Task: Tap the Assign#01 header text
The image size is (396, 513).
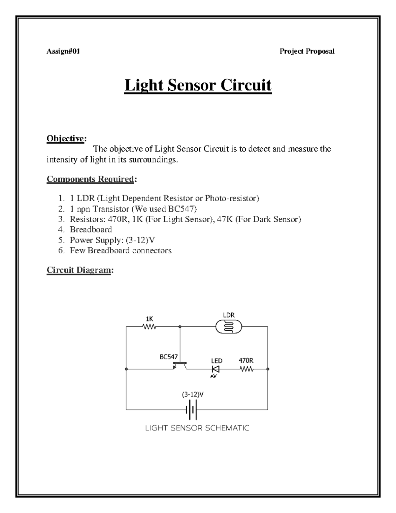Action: [x=63, y=51]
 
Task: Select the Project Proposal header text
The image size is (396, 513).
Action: [x=307, y=51]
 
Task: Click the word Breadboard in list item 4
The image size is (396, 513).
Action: [x=91, y=230]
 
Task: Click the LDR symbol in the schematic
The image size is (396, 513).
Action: [x=228, y=327]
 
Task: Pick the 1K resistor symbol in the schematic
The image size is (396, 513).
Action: [x=149, y=327]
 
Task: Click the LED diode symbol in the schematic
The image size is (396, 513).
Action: [x=216, y=369]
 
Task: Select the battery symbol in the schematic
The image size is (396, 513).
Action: [x=192, y=410]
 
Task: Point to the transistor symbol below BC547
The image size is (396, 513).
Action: [x=180, y=365]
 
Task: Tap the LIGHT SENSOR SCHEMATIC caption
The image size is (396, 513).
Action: [x=197, y=428]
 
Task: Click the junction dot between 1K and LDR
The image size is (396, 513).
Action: [x=180, y=327]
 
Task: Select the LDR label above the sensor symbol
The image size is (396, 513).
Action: [x=229, y=315]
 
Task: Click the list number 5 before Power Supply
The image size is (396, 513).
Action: [x=61, y=240]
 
